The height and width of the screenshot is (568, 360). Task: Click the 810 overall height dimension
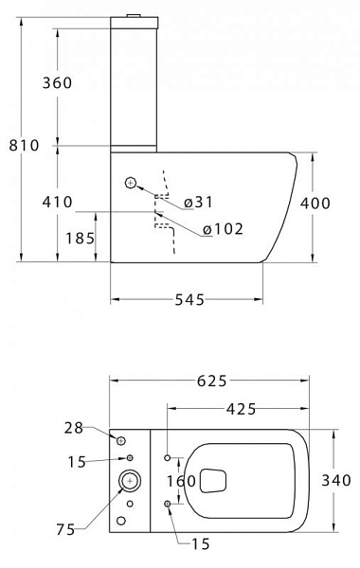(x=24, y=146)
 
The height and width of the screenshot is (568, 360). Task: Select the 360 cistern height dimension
(x=57, y=83)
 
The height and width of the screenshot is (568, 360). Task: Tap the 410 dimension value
(x=57, y=203)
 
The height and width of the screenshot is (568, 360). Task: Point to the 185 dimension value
(x=80, y=239)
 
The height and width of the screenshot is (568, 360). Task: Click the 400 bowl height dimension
(x=315, y=204)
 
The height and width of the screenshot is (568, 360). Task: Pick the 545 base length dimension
(x=189, y=300)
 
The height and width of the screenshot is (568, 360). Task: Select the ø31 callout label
(x=198, y=203)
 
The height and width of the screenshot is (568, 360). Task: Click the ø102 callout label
(x=223, y=229)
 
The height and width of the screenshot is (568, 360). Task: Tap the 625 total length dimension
(x=212, y=382)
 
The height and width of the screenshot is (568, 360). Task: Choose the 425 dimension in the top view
(x=241, y=409)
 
